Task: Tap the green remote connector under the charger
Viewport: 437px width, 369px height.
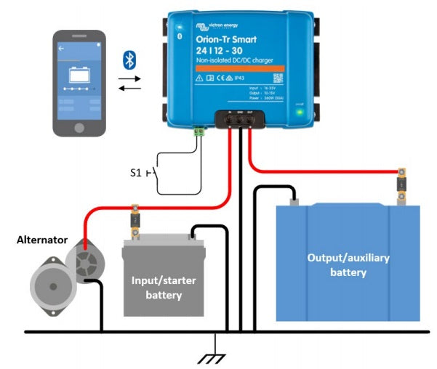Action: (198, 131)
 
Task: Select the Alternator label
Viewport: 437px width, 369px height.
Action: (42, 239)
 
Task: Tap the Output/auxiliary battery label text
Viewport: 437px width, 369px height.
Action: (348, 265)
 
